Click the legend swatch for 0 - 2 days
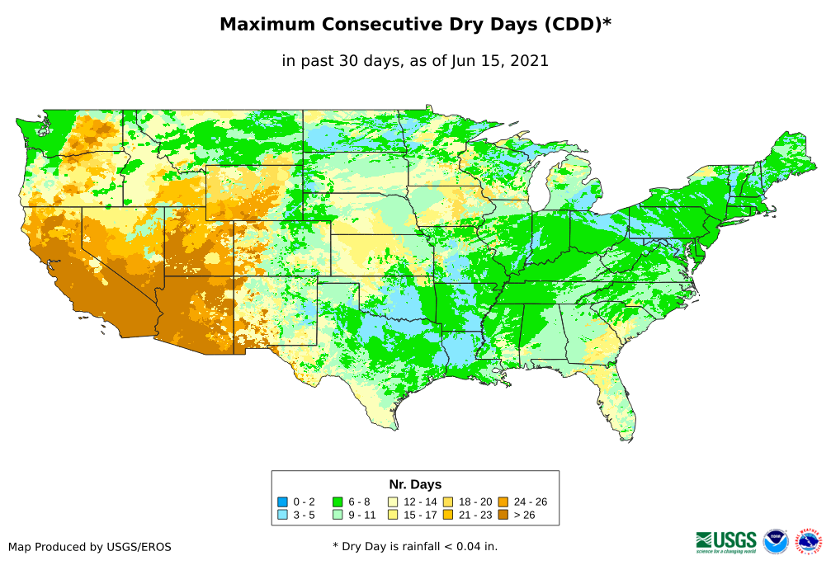pos(283,502)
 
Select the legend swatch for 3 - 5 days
pos(283,515)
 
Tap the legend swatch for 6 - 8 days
pos(338,502)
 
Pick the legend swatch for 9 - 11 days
pos(338,515)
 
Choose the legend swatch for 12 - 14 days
pos(393,502)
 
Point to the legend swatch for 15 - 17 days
pos(393,515)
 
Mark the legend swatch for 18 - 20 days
pos(448,502)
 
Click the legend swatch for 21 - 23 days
pos(448,515)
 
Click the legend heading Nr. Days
pos(415,484)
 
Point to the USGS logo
pos(726,541)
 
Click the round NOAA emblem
pos(776,541)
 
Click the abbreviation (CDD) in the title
pos(574,25)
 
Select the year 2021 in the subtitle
pos(530,61)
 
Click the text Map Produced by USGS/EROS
pos(90,547)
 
